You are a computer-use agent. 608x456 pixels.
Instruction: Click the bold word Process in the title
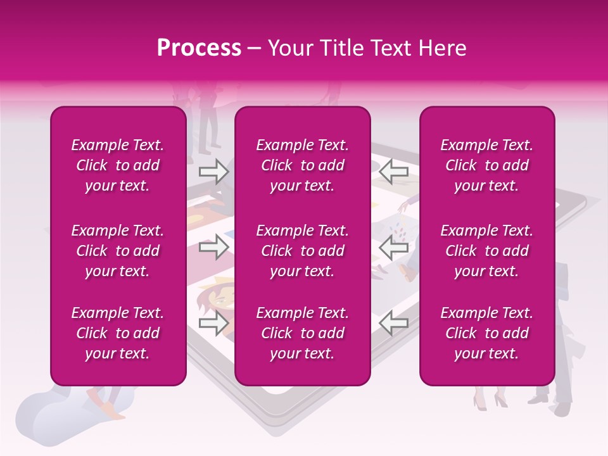click(199, 48)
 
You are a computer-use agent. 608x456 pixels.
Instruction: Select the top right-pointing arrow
click(213, 171)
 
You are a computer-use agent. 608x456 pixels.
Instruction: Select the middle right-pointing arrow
click(213, 247)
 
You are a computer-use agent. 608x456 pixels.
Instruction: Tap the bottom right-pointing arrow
click(213, 323)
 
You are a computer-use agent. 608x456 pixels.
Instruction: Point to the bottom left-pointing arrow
click(394, 323)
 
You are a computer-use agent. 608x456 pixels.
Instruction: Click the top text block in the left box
click(117, 165)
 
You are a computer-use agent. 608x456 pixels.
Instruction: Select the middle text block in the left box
click(117, 251)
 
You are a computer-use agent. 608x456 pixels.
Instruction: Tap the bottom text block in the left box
click(117, 333)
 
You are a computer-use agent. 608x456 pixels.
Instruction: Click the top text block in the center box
click(302, 165)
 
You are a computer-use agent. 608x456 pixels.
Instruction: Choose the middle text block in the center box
click(302, 251)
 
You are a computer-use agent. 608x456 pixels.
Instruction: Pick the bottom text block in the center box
click(302, 333)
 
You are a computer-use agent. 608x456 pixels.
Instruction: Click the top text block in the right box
click(486, 165)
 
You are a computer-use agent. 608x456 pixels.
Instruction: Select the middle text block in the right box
click(486, 251)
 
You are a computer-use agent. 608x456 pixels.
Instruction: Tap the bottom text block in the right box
click(486, 333)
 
